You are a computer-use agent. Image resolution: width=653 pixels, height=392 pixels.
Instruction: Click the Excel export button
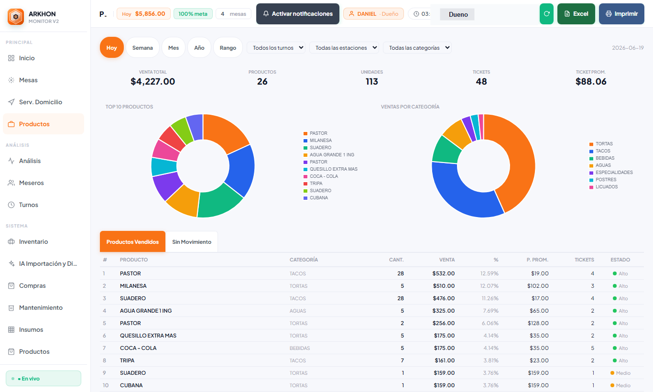tap(576, 14)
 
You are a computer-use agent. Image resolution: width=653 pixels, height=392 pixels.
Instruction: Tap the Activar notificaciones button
tap(298, 14)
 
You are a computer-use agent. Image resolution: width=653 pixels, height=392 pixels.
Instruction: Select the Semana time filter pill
tap(142, 47)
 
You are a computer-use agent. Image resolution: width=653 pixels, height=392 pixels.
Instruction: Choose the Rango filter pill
tap(228, 47)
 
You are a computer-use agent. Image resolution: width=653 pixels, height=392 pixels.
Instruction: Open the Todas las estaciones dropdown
tap(344, 47)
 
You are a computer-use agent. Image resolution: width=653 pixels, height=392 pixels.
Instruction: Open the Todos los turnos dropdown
tap(276, 47)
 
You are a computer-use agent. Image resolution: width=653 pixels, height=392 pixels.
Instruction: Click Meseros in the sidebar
tap(31, 183)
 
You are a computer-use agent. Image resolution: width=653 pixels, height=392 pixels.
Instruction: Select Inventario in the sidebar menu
tap(33, 241)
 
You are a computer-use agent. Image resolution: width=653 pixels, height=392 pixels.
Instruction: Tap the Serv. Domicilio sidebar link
tap(41, 102)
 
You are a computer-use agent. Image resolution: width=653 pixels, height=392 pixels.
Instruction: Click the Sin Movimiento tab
tap(192, 242)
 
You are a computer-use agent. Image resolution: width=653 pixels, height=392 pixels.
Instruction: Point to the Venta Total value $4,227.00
tap(153, 82)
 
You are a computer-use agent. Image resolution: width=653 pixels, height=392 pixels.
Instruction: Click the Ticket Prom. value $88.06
tap(591, 82)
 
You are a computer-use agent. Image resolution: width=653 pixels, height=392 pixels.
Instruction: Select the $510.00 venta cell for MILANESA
tap(444, 286)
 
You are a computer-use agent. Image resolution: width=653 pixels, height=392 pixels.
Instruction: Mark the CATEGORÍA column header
tap(304, 260)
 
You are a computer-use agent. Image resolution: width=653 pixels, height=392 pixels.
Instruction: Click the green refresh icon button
tap(546, 14)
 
